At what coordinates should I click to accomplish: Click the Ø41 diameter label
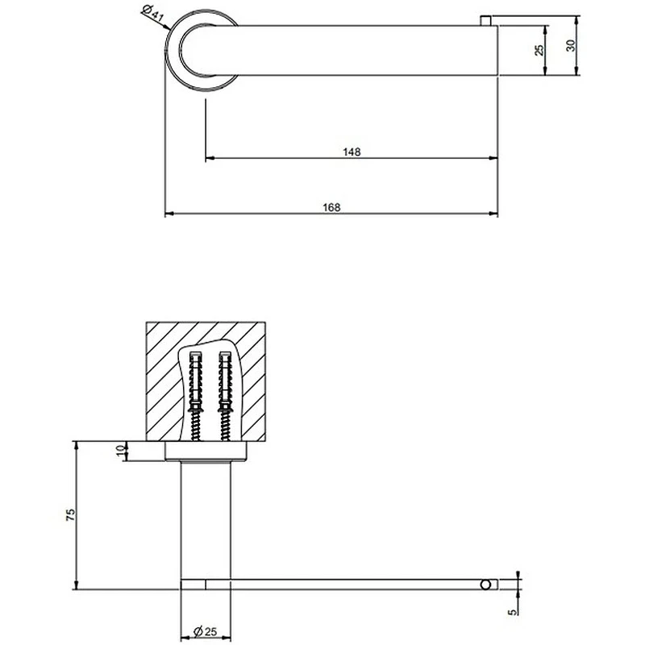point(152,15)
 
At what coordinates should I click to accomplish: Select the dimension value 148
point(352,152)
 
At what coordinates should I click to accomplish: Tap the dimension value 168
point(331,207)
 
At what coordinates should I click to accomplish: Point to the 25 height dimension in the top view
point(539,50)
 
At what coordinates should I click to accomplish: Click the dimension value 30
point(571,45)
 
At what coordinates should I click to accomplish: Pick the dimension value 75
point(71,515)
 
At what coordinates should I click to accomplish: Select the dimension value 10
point(120,450)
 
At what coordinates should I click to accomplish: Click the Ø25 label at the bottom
point(205,630)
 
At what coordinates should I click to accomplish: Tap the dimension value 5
point(512,612)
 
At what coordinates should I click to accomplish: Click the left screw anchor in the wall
point(195,396)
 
